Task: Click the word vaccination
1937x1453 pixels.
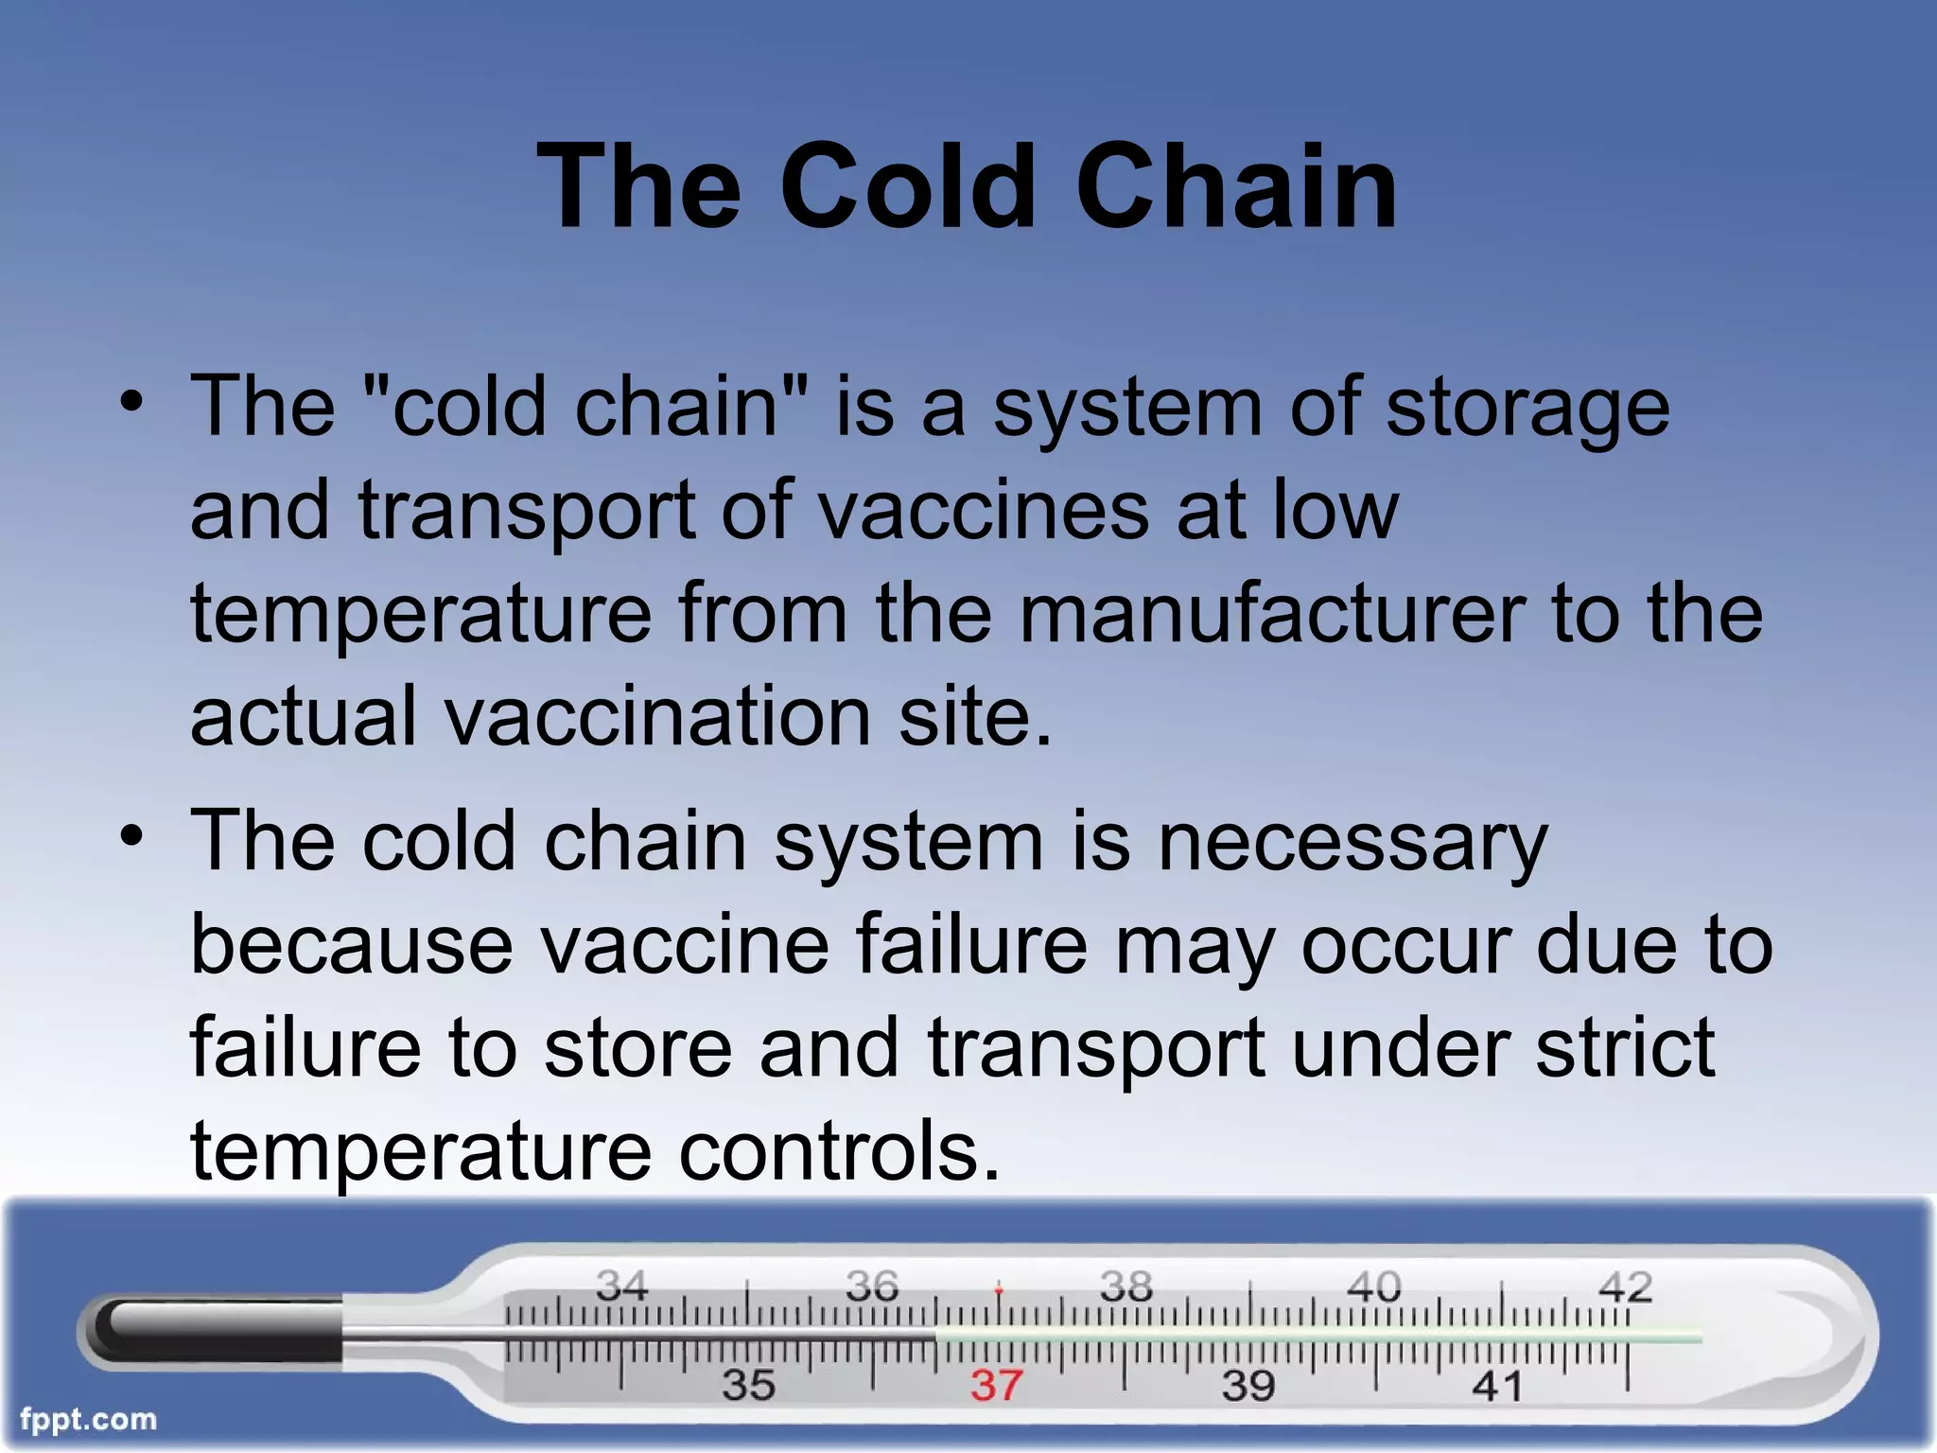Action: pos(658,717)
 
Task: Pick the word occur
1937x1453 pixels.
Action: pos(1406,945)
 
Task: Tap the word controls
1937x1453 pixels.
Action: pos(839,1151)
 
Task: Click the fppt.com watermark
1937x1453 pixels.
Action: pos(88,1420)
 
